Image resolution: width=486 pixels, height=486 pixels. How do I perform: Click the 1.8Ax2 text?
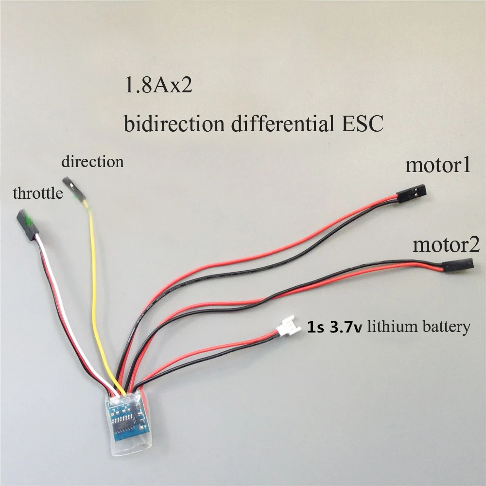[159, 86]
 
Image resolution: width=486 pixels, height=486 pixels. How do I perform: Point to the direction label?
[92, 161]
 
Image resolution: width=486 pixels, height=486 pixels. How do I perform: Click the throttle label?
[38, 193]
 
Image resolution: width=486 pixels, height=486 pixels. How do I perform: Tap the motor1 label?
[438, 165]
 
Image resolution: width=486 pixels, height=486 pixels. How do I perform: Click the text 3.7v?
[346, 327]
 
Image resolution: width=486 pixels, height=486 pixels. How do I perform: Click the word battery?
[446, 327]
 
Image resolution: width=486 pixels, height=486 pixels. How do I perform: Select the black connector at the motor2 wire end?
[457, 266]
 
